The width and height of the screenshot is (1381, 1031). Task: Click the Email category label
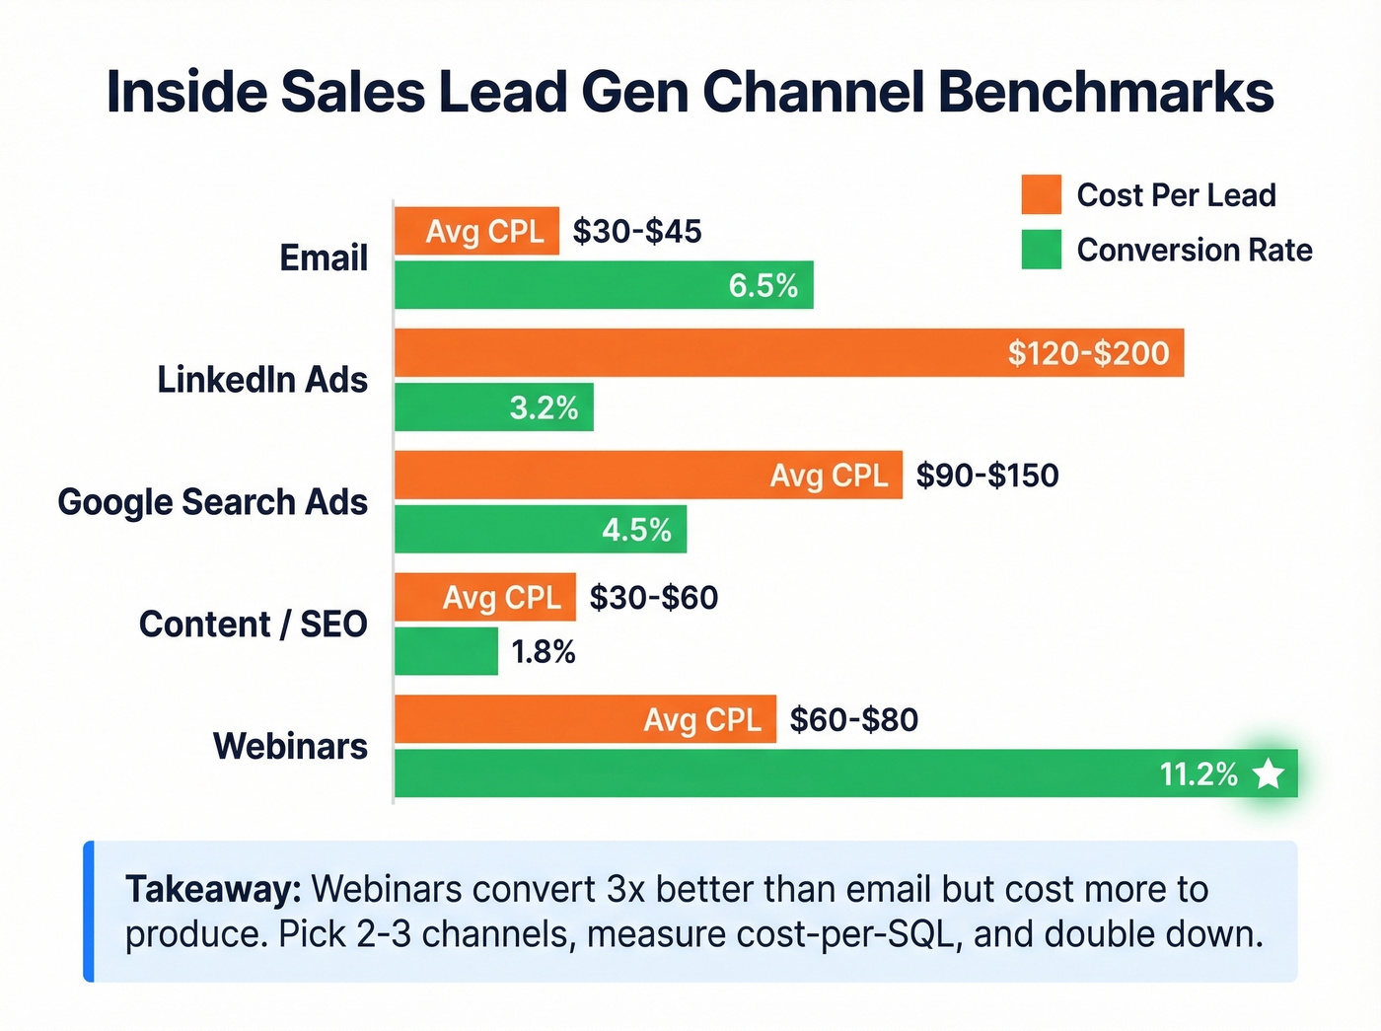(324, 258)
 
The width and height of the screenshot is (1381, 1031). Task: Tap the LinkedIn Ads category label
(262, 380)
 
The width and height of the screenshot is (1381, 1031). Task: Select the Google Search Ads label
(212, 502)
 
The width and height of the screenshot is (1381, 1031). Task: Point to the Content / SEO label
(253, 625)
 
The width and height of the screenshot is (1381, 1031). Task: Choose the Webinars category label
(290, 747)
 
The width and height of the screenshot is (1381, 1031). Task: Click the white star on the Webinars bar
(1269, 774)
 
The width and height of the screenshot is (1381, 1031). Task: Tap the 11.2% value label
(1199, 774)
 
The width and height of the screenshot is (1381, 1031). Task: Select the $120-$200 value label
(1088, 353)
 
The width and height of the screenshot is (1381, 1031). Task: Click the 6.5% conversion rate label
(763, 286)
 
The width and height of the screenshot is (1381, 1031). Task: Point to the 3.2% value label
(544, 408)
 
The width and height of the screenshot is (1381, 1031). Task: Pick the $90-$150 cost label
(987, 476)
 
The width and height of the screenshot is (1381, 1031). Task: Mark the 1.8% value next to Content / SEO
(544, 652)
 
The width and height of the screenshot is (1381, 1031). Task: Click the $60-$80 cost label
(854, 719)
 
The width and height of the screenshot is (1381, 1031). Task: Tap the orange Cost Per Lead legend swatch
(1042, 195)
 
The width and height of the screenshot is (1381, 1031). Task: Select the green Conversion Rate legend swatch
(1042, 250)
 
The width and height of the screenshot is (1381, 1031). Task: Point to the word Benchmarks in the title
(1106, 92)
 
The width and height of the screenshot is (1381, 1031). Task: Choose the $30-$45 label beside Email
(637, 232)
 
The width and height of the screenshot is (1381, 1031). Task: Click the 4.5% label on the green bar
(636, 530)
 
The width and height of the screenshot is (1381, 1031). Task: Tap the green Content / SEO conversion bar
(446, 652)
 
